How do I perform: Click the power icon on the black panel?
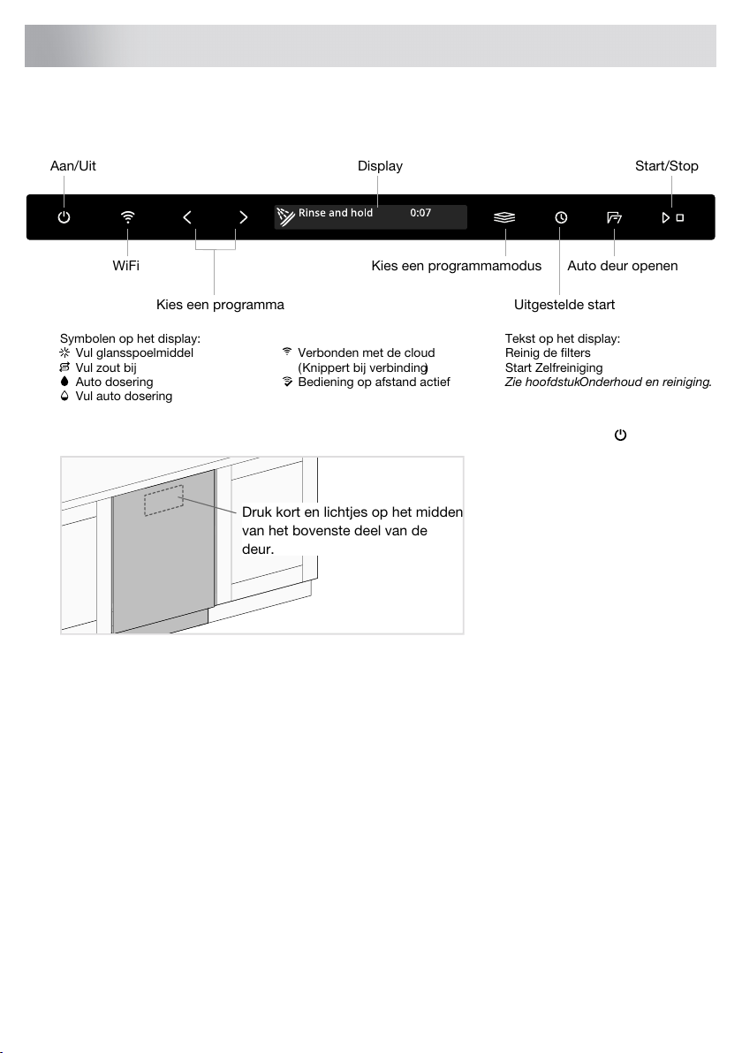coord(64,216)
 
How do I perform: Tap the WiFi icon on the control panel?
coord(128,216)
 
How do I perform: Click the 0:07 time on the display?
coord(420,214)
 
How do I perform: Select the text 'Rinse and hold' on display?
coord(336,214)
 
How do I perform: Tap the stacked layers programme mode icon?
coord(504,216)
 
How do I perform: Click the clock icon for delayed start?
coord(560,216)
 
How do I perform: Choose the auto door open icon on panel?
coord(615,216)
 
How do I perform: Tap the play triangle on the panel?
coord(665,216)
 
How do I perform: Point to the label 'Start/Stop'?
coord(667,166)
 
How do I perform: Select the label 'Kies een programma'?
coord(220,305)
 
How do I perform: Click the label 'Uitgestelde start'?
coord(564,305)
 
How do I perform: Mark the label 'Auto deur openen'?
coord(622,266)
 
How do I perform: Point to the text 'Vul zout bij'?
coord(106,367)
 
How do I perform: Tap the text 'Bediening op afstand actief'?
coord(375,382)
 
